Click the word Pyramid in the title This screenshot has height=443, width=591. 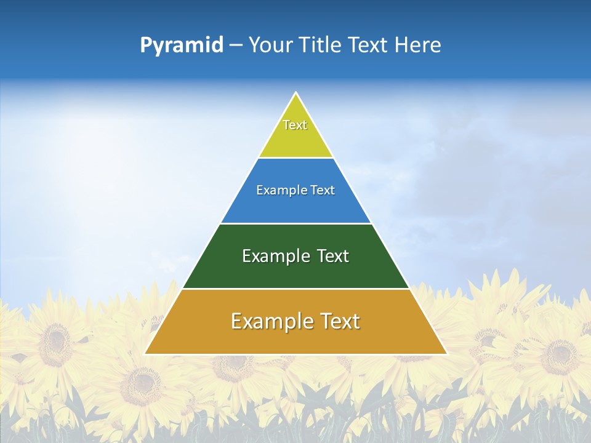(x=181, y=46)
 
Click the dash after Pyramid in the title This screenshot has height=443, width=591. (x=236, y=46)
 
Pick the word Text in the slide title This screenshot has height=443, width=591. (x=369, y=46)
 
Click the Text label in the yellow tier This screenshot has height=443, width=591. (x=295, y=125)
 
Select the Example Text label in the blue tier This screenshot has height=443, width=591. (x=295, y=190)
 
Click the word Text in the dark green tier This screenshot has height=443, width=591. (x=332, y=256)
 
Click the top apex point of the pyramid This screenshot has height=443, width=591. (x=296, y=93)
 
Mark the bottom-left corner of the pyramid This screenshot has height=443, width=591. (x=145, y=354)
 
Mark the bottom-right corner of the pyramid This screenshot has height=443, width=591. (x=446, y=354)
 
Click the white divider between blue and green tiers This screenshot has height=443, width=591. (x=295, y=223)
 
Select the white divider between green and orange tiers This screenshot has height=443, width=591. (x=295, y=289)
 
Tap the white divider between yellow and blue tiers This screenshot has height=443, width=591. (x=295, y=158)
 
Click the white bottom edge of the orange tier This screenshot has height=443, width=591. (x=295, y=354)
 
